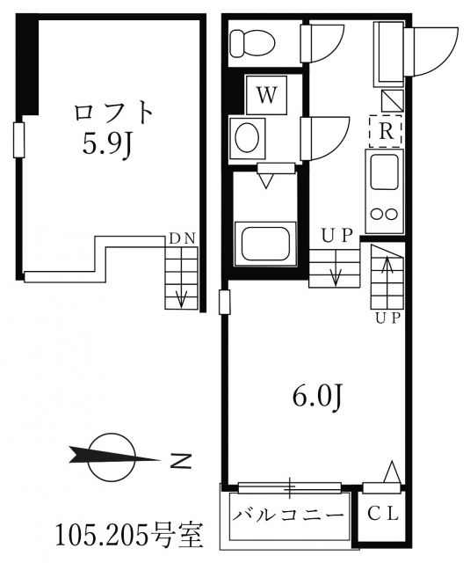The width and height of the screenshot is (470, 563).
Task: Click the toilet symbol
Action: pos(252,41)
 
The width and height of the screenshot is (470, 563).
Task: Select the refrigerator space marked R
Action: pos(385,131)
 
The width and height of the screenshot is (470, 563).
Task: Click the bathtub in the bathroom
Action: pos(264,239)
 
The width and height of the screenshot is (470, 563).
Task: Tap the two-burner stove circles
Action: pos(385,213)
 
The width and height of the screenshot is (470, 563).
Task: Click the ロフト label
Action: pos(113,113)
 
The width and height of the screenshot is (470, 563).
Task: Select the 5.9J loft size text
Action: pos(106,145)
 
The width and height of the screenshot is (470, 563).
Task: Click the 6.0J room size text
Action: pos(315,398)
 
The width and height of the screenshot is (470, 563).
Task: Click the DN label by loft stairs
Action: pos(182,238)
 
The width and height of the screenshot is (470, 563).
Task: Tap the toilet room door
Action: pos(325,41)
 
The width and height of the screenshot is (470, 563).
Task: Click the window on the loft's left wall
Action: pos(18,139)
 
